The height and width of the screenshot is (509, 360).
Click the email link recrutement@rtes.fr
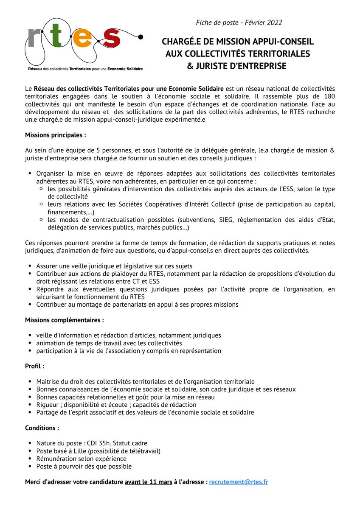click(x=238, y=482)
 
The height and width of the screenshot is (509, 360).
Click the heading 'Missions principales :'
click(x=56, y=135)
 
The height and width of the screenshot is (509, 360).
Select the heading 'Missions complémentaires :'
click(x=65, y=320)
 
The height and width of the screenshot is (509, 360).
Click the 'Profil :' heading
click(x=35, y=366)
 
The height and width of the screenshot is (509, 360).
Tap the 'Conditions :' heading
click(x=42, y=428)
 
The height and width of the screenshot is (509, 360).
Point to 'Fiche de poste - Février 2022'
click(x=239, y=22)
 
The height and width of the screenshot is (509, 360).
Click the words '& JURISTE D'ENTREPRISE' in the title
click(x=237, y=66)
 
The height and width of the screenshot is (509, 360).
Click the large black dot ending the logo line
click(x=141, y=36)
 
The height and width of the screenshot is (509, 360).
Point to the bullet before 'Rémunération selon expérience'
click(x=30, y=459)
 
